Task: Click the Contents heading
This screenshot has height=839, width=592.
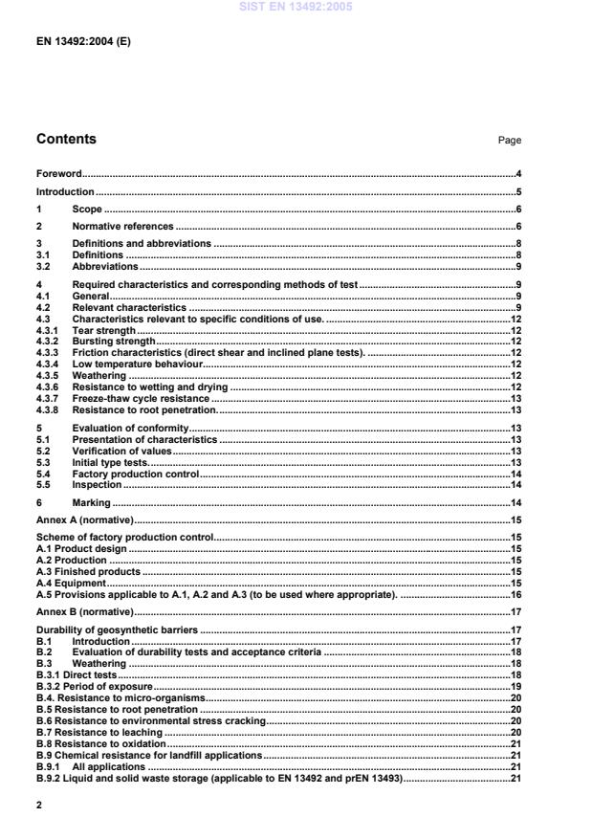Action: (x=66, y=139)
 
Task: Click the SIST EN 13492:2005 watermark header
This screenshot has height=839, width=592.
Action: (x=296, y=7)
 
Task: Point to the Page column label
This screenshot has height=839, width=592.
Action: (x=509, y=141)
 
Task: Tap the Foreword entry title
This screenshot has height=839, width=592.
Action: (x=58, y=174)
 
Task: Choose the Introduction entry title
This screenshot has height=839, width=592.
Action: (x=64, y=192)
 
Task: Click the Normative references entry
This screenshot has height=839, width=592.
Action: (x=122, y=227)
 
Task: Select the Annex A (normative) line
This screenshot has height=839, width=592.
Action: (x=84, y=519)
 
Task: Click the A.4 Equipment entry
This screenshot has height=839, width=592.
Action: (x=71, y=583)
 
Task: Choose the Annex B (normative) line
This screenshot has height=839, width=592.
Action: (x=84, y=611)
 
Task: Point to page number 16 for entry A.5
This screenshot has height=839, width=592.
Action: (x=515, y=594)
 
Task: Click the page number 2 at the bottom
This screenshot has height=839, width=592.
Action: (x=39, y=806)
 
